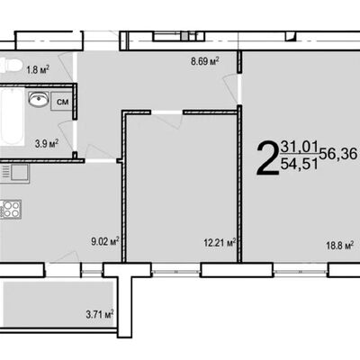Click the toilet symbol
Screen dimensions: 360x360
(x=11, y=65)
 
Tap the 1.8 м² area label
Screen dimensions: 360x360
(x=38, y=70)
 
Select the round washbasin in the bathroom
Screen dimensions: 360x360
(x=39, y=99)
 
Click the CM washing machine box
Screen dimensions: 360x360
(x=62, y=102)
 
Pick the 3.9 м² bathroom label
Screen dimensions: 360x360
(x=47, y=143)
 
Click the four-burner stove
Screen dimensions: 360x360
(x=10, y=209)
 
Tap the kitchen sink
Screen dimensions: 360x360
(x=14, y=173)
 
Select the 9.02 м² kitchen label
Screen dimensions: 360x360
(x=105, y=241)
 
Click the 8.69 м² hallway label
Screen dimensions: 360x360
(x=205, y=62)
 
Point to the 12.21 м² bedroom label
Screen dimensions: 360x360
(x=220, y=242)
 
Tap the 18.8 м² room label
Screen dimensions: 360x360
(x=339, y=246)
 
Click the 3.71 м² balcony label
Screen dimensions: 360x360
(x=100, y=315)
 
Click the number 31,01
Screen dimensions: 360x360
(x=299, y=147)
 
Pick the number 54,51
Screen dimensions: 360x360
(x=299, y=164)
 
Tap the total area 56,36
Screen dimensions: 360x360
(x=338, y=154)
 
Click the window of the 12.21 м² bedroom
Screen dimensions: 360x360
(x=175, y=271)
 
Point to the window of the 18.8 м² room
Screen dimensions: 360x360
(x=301, y=271)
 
